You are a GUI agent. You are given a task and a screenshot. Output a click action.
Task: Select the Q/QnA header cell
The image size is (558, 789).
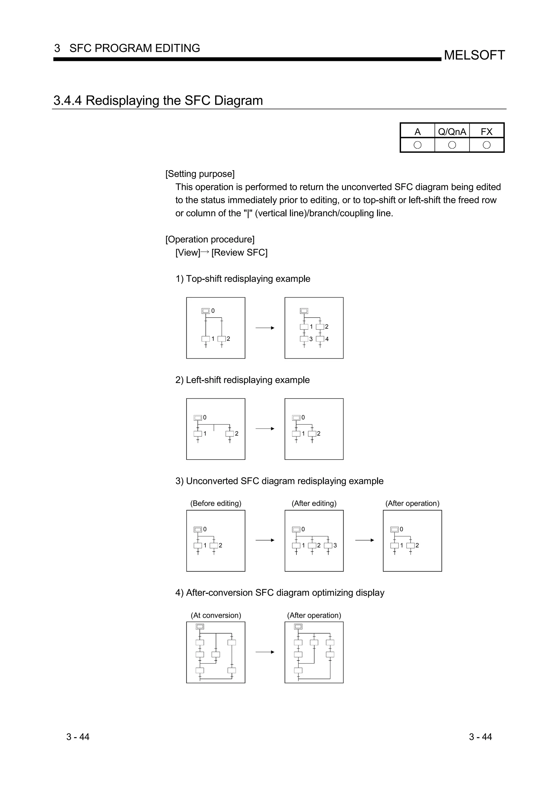tap(452, 131)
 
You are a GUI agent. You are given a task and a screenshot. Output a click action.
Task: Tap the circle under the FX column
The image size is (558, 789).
tap(487, 145)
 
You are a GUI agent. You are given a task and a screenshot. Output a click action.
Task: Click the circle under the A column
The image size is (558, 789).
tap(417, 145)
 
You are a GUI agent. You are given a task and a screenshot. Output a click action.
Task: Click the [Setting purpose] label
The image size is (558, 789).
tap(200, 174)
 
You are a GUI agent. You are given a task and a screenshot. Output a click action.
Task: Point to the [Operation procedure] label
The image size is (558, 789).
tap(210, 240)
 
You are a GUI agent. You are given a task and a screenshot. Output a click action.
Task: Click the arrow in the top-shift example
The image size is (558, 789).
tap(265, 328)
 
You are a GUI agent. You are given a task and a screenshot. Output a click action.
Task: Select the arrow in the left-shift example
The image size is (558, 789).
tap(265, 429)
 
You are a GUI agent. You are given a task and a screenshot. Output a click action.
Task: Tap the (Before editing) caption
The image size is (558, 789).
tap(216, 503)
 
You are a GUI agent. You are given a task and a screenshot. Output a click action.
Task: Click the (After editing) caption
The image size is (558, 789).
tap(314, 503)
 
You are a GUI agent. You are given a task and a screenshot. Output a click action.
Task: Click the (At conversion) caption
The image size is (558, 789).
tap(216, 616)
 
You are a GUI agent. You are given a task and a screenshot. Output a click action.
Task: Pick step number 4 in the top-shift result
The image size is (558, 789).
tap(327, 339)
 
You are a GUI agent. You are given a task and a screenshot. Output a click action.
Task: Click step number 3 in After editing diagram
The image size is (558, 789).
tap(335, 545)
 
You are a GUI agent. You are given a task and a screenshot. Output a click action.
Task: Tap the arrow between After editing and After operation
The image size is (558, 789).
tap(365, 540)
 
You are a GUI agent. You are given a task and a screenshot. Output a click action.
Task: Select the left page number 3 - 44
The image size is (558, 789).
tap(78, 737)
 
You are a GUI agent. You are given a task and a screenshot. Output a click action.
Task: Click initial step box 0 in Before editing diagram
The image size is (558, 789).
tap(198, 530)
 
